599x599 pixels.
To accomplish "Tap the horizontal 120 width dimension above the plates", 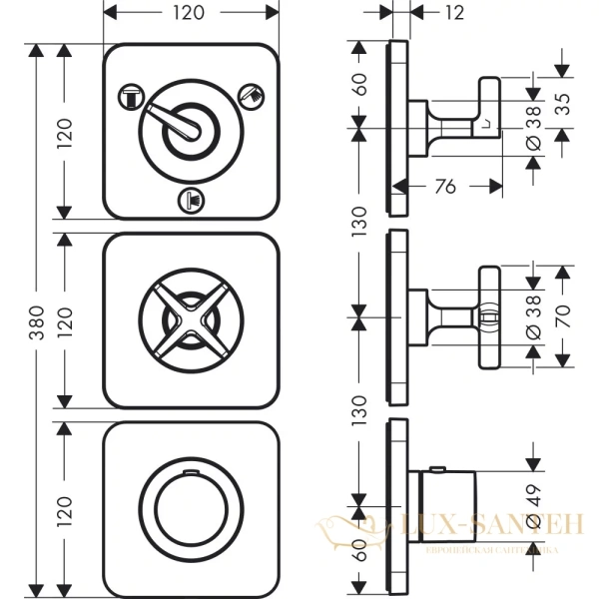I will [x=191, y=13].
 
